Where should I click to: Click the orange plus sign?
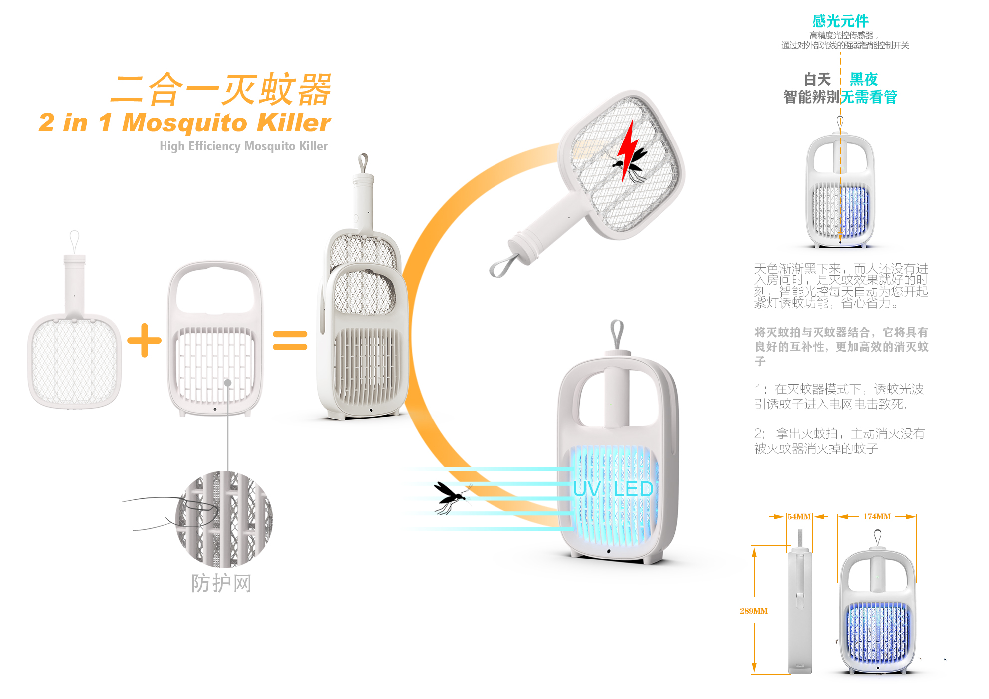pos(145,340)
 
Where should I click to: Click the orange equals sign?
pos(290,341)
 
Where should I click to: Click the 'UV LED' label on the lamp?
pos(613,489)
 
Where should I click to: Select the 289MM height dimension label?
pos(753,611)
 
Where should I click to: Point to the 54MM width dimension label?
pos(799,517)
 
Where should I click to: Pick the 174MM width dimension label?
pos(877,517)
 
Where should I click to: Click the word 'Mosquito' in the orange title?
pos(185,123)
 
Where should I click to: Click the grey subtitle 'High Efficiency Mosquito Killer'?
pos(243,146)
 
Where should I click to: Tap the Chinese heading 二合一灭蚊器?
pos(221,90)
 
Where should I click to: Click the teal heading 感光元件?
pos(840,21)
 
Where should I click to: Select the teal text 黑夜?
pos(863,79)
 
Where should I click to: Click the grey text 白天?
pos(817,79)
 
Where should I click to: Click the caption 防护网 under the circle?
pos(221,583)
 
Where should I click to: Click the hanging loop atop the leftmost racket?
pos(74,242)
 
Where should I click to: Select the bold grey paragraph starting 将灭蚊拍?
pos(841,346)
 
